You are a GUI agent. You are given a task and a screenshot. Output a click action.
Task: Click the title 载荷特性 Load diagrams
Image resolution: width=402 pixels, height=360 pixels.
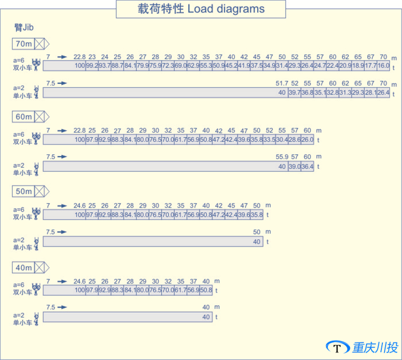click(201, 10)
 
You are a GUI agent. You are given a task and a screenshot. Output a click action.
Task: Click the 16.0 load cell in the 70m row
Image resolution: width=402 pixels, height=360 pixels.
click(383, 66)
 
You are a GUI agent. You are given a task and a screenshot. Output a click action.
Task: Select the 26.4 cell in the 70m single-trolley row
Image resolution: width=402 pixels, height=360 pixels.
click(383, 93)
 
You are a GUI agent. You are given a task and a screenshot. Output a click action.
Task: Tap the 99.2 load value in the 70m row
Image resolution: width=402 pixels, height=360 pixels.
click(92, 66)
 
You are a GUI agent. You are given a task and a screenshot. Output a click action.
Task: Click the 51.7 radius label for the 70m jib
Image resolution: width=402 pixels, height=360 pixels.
click(282, 83)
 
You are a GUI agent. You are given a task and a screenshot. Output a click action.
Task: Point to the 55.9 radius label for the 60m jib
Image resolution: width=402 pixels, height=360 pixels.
click(282, 157)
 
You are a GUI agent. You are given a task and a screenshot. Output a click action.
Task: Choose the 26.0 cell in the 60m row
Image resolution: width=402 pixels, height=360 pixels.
click(307, 140)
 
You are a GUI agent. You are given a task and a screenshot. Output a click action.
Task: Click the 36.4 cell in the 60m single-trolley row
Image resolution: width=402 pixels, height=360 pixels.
click(307, 166)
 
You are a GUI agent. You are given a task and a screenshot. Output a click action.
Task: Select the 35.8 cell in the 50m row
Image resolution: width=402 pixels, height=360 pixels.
click(256, 215)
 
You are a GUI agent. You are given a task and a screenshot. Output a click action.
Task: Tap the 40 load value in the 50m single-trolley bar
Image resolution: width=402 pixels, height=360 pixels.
click(257, 242)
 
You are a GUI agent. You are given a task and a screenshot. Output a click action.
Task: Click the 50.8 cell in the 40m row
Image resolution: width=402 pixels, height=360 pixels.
click(206, 290)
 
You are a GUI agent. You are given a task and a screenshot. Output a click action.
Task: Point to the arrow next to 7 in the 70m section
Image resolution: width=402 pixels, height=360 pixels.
click(62, 56)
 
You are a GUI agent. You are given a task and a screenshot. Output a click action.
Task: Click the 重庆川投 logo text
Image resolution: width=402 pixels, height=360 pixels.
click(375, 347)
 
